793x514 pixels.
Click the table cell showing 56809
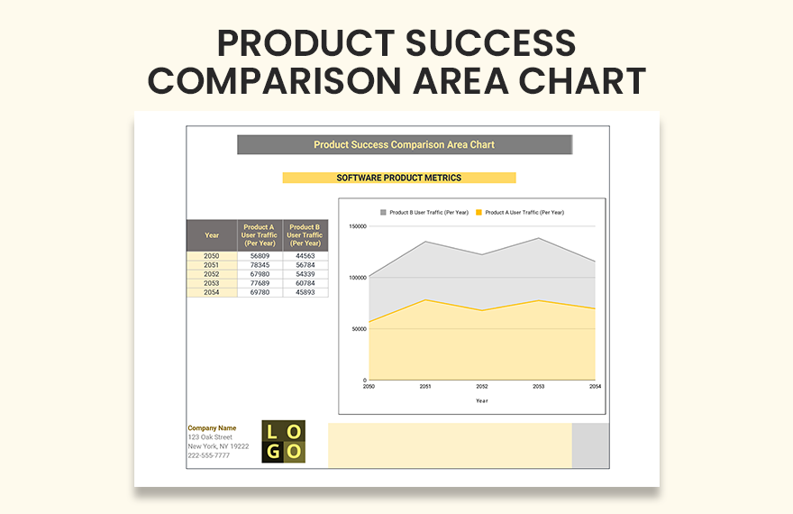pyautogui.click(x=260, y=256)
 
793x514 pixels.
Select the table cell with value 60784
pyautogui.click(x=305, y=283)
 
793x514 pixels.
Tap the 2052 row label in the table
pyautogui.click(x=212, y=274)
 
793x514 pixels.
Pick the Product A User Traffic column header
pyautogui.click(x=260, y=234)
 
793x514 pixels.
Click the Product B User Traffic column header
pyautogui.click(x=305, y=234)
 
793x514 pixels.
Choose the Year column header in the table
pyautogui.click(x=212, y=235)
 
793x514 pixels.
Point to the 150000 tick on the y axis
pyautogui.click(x=357, y=226)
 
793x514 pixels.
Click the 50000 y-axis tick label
pyautogui.click(x=359, y=329)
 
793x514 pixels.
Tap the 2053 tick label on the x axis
pyautogui.click(x=539, y=386)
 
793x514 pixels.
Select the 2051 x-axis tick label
pyautogui.click(x=425, y=386)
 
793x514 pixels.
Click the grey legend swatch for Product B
pyautogui.click(x=383, y=213)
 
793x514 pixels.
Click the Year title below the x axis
pyautogui.click(x=482, y=400)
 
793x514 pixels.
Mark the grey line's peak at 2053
pyautogui.click(x=539, y=238)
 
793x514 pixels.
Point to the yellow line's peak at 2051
pyautogui.click(x=425, y=300)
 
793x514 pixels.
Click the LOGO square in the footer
pyautogui.click(x=283, y=442)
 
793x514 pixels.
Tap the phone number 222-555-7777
pyautogui.click(x=208, y=455)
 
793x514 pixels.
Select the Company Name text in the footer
pyautogui.click(x=212, y=428)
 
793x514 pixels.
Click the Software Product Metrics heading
pyautogui.click(x=399, y=178)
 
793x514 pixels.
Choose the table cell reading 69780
pyautogui.click(x=260, y=292)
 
